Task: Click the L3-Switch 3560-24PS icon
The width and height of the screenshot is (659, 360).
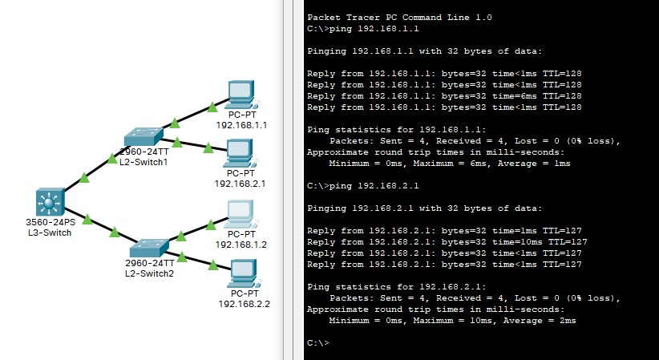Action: click(x=50, y=202)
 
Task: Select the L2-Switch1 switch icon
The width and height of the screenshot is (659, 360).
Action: click(x=144, y=136)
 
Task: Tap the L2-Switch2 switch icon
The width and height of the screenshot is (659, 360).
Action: click(x=149, y=248)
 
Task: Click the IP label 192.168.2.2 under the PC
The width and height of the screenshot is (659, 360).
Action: click(x=245, y=304)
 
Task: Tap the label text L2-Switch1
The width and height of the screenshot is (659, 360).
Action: click(x=144, y=162)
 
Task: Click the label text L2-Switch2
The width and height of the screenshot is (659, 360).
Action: click(x=149, y=273)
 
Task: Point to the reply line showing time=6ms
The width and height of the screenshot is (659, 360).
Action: click(x=444, y=96)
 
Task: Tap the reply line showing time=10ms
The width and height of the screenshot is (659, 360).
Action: click(x=447, y=242)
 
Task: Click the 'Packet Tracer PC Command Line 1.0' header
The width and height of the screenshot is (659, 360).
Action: click(x=400, y=18)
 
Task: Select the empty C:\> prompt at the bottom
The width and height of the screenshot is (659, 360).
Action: click(x=318, y=342)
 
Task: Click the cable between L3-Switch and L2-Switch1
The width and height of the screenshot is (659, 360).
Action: click(x=95, y=169)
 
